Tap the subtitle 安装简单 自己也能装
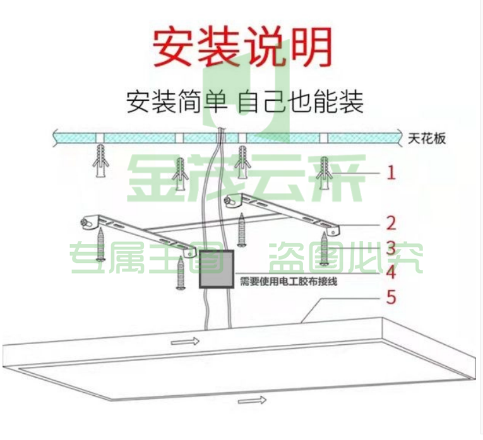(x=245, y=101)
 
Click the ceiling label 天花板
(x=427, y=139)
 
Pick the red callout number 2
(x=391, y=223)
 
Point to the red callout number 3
(x=391, y=248)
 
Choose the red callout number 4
(x=391, y=273)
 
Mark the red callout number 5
(x=391, y=298)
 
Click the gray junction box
(x=217, y=269)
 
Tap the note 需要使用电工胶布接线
(x=289, y=281)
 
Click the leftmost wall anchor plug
(x=100, y=161)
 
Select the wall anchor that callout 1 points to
(x=325, y=173)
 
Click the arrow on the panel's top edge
(x=185, y=341)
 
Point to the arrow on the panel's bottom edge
(x=253, y=400)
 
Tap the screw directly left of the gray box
(x=181, y=273)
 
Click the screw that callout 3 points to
(x=324, y=248)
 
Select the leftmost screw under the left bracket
(x=101, y=245)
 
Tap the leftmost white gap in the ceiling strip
(x=100, y=138)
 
